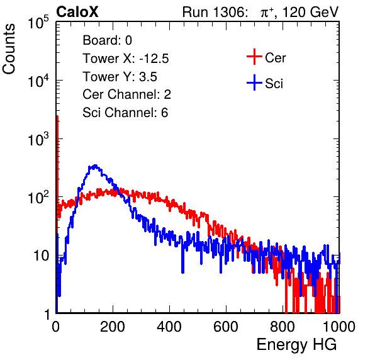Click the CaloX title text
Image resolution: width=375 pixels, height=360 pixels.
(77, 12)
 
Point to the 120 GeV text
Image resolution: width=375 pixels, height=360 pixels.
(311, 12)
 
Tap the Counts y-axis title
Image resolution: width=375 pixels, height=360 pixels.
(9, 49)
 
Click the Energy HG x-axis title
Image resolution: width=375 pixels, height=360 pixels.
(296, 345)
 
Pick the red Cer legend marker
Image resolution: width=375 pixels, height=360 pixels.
(254, 57)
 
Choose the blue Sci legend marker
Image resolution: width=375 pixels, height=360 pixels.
(254, 82)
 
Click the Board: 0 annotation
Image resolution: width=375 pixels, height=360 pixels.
(108, 40)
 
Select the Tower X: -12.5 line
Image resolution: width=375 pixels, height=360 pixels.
(126, 59)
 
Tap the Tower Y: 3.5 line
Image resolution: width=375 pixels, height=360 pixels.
(120, 77)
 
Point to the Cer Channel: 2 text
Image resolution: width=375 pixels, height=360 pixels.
(126, 94)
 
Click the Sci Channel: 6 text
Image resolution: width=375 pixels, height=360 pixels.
(125, 113)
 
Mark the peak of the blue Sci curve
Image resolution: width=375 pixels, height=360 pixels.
(96, 166)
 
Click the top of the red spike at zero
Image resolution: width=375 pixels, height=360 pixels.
(57, 116)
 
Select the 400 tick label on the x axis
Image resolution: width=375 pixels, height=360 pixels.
(169, 327)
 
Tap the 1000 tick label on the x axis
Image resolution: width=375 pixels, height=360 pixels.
(339, 327)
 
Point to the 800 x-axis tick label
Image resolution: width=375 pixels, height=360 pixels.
(283, 327)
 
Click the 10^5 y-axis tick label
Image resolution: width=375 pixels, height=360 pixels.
(38, 22)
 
